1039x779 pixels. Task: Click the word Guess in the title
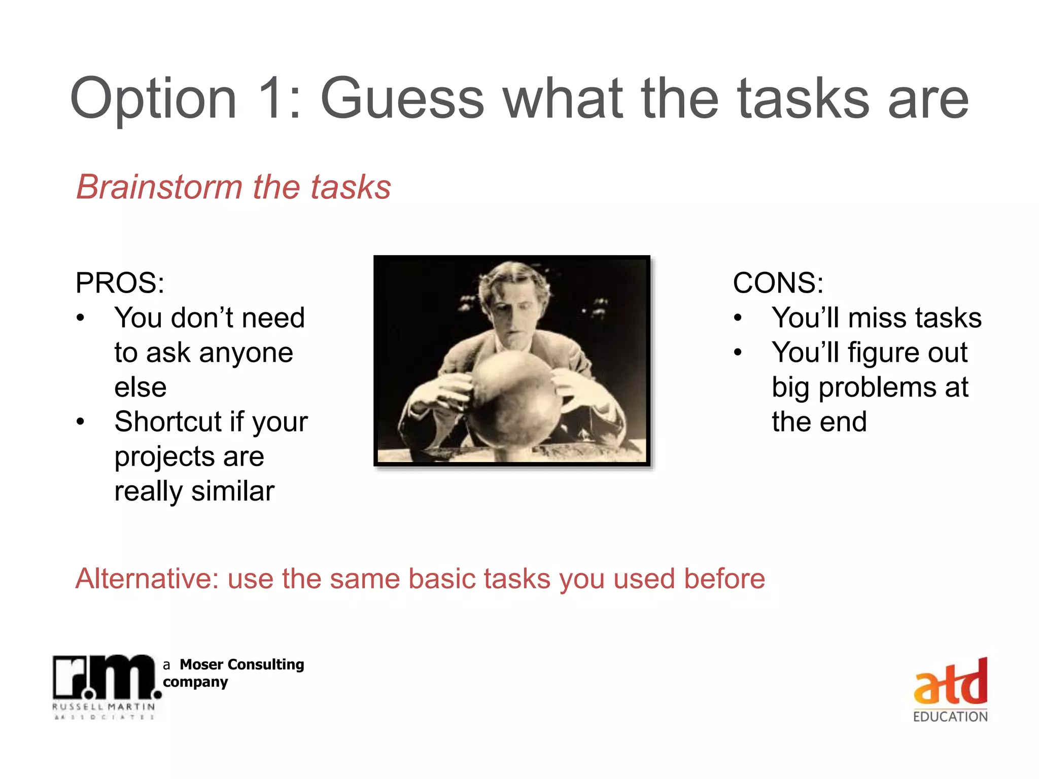(402, 99)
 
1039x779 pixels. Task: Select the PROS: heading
(120, 283)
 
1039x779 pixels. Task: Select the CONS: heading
(778, 283)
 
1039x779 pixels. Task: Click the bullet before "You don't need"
(80, 318)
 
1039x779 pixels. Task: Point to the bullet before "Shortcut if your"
(80, 422)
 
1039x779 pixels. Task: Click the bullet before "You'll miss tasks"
(738, 318)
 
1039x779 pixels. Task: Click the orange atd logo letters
(950, 683)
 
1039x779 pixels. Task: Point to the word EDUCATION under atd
(950, 717)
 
